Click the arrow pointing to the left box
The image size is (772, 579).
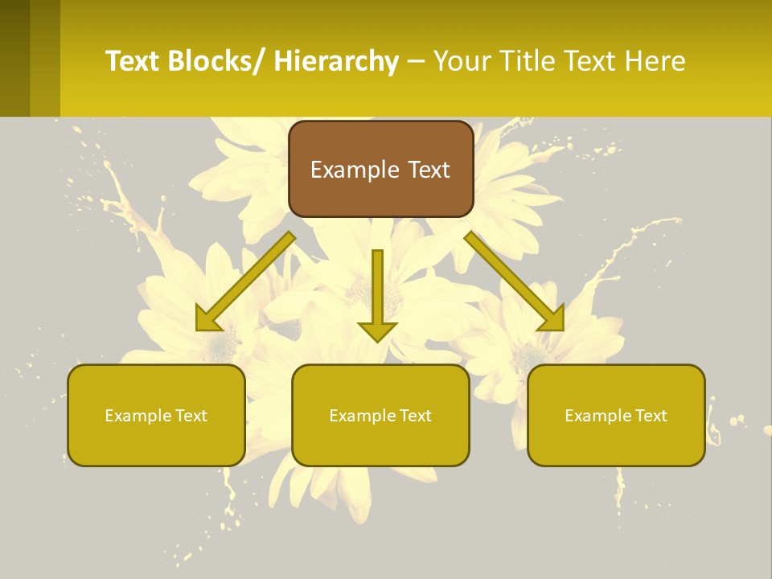pyautogui.click(x=245, y=281)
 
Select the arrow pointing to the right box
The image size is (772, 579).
pyautogui.click(x=515, y=281)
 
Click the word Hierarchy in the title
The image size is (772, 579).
pyautogui.click(x=335, y=61)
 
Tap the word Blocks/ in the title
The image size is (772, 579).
pyautogui.click(x=216, y=61)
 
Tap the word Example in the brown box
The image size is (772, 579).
pyautogui.click(x=355, y=170)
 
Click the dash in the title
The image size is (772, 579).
pyautogui.click(x=417, y=62)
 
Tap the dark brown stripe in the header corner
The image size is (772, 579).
pyautogui.click(x=14, y=58)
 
